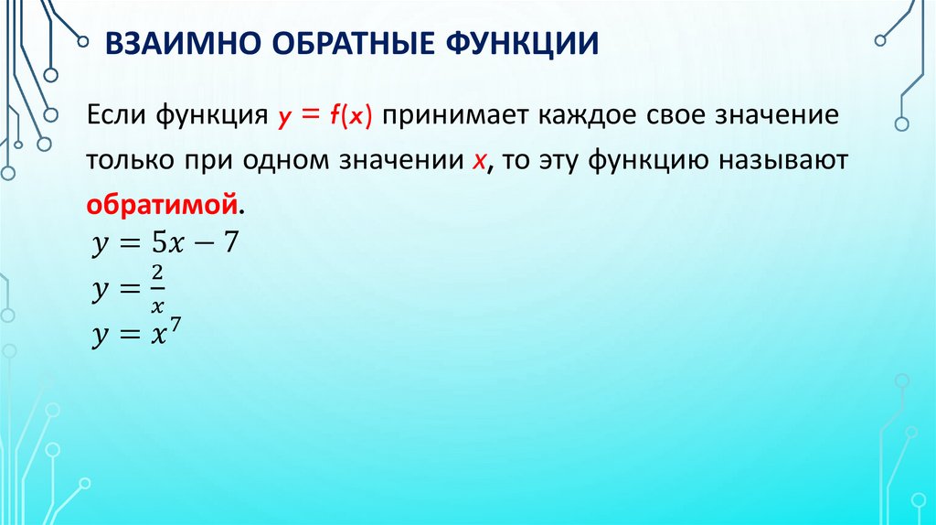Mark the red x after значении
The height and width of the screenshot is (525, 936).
pos(478,160)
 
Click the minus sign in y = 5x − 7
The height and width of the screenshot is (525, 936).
pos(202,245)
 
